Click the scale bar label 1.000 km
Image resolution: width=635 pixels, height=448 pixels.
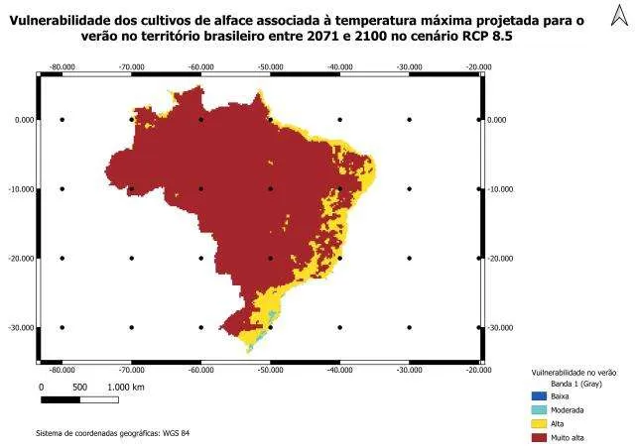point(126,387)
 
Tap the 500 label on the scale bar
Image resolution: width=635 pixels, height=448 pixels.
point(79,387)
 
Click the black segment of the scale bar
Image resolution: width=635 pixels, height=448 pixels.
point(61,398)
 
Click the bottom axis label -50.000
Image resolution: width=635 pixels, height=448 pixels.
point(270,370)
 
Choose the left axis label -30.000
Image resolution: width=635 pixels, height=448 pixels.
point(21,327)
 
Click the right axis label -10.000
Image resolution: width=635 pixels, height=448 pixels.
point(500,188)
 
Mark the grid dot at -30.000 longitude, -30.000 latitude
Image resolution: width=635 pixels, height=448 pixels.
point(409,327)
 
